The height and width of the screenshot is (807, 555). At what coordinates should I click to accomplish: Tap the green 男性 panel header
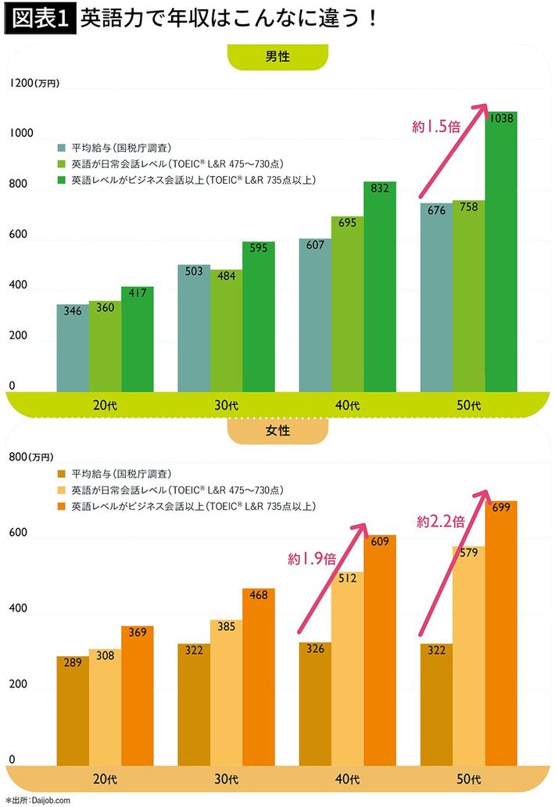coord(277,56)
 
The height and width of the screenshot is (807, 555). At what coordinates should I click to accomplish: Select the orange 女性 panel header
coord(277,431)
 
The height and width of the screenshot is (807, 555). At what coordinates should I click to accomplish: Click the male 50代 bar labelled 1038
coord(501,250)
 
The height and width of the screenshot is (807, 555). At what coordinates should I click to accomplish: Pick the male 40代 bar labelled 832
coord(380,286)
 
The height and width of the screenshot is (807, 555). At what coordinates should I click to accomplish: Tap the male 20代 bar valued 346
coord(73,348)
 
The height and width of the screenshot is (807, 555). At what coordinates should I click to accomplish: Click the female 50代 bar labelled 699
coord(501,633)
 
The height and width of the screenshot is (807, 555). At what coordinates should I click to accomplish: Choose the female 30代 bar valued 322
coord(193,704)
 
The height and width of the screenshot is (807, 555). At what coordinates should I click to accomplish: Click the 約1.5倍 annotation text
coord(436,127)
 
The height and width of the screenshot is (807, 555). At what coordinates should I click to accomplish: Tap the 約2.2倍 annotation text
coord(442,521)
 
